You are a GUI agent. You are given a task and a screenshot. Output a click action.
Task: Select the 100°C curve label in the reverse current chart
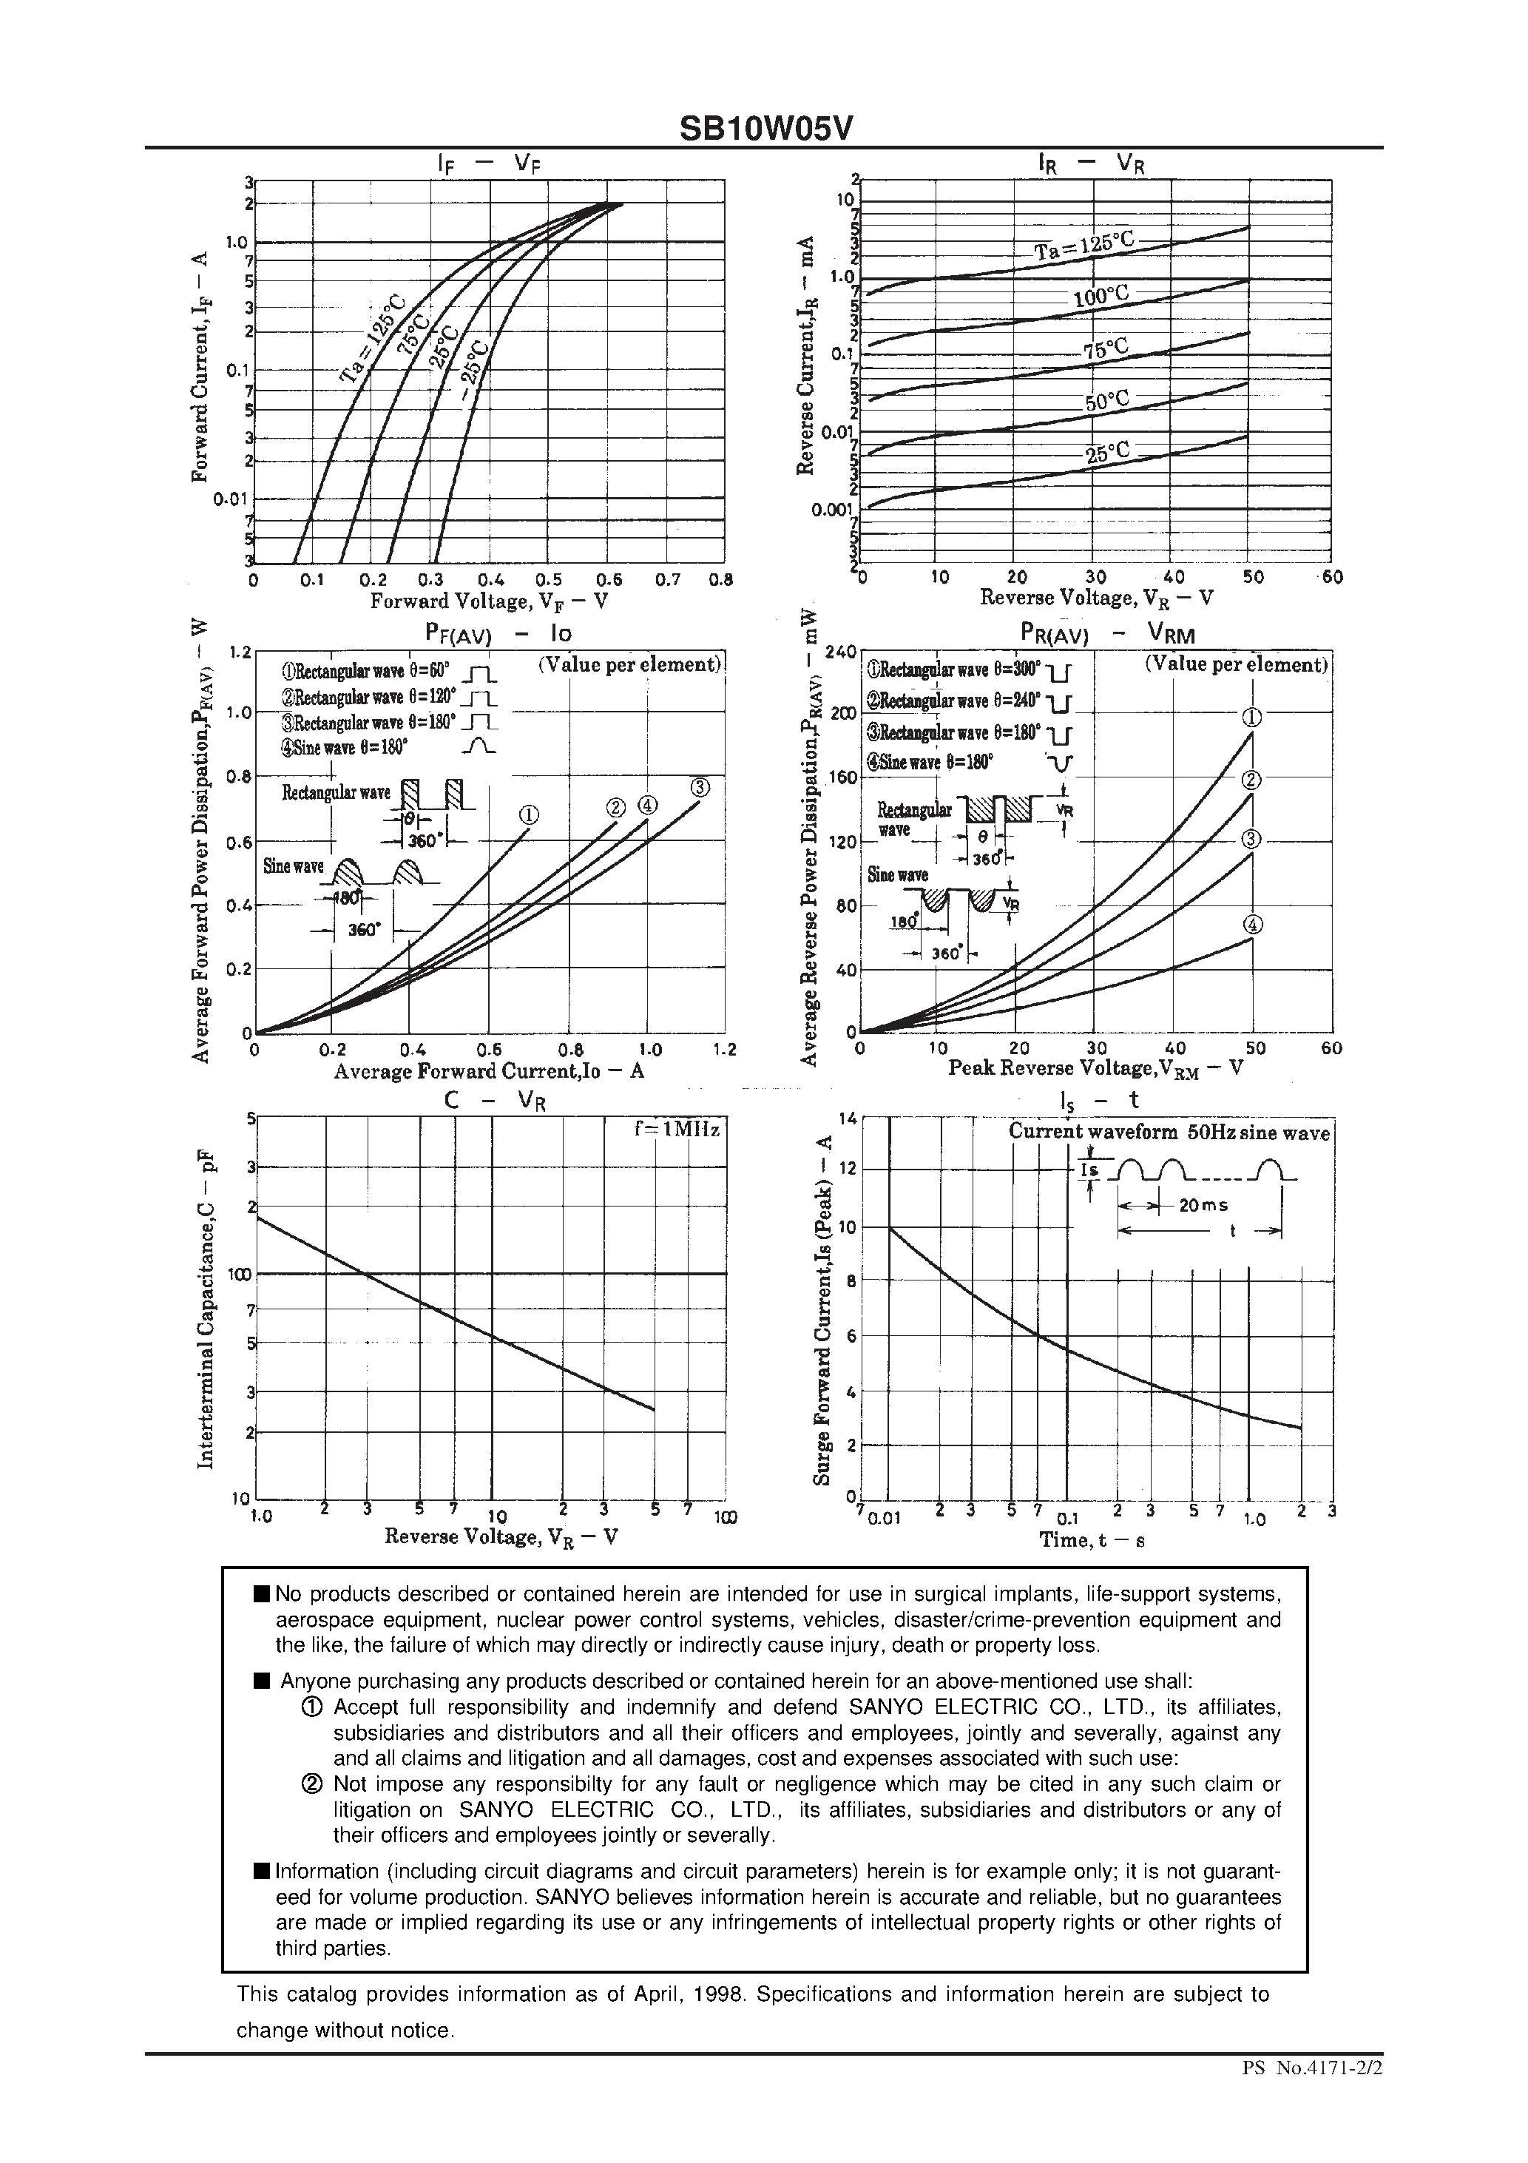click(1101, 297)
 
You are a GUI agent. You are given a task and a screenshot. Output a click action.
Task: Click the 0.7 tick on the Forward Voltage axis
click(666, 580)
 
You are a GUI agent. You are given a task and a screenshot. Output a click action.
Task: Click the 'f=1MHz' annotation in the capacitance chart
click(677, 1130)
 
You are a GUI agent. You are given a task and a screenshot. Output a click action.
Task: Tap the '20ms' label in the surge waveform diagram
click(1203, 1205)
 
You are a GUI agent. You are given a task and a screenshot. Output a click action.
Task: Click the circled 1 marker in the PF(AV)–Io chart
click(529, 816)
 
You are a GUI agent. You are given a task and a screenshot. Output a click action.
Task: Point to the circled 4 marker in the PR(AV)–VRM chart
click(1253, 925)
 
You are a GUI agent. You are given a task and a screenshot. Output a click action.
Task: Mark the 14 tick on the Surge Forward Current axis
click(847, 1118)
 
